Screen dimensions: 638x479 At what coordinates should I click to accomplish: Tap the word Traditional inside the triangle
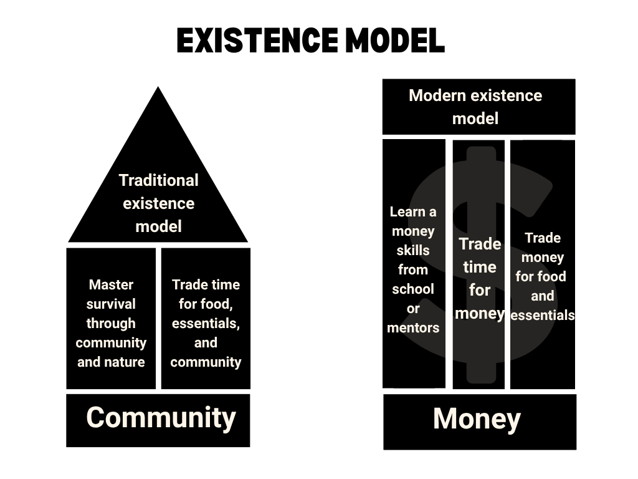coord(158,180)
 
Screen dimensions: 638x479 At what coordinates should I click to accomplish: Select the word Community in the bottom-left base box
coord(161,417)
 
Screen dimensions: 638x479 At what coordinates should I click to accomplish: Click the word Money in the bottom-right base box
coord(477,419)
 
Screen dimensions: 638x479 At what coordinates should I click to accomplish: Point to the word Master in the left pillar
coord(111,284)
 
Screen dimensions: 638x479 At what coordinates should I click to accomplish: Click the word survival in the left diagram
coord(111,304)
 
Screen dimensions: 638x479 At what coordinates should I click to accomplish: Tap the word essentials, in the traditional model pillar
coord(206,323)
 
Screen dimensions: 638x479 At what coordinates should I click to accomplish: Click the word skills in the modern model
coord(412,250)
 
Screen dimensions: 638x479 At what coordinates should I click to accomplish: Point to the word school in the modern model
coord(412,289)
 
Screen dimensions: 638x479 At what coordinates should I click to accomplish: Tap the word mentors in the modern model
coord(412,327)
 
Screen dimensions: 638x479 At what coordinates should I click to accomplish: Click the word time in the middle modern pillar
coord(480,267)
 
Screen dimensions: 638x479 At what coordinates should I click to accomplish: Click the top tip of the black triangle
coord(158,88)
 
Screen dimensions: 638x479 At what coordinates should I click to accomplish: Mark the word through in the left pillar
coord(111,323)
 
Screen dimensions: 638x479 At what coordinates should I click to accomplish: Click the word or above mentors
coord(412,308)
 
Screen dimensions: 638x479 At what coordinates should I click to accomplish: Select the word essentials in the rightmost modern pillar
coord(542,315)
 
